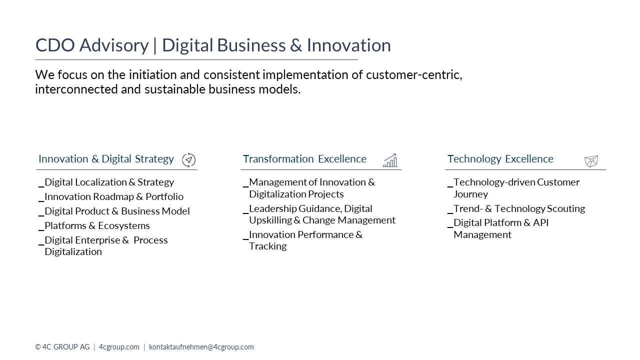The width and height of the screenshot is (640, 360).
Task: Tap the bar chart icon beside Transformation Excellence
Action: (390, 160)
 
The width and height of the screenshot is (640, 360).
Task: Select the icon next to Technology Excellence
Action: (591, 161)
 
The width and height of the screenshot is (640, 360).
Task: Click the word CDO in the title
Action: (55, 45)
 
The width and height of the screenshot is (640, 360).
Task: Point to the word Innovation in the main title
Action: (348, 45)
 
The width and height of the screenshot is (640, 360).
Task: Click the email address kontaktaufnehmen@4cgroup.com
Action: (201, 347)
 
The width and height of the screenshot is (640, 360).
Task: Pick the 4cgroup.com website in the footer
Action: (119, 347)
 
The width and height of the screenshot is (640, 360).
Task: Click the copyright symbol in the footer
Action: (37, 347)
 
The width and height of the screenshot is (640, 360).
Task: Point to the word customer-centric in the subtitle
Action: (414, 75)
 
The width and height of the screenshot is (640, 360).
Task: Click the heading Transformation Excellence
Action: (304, 159)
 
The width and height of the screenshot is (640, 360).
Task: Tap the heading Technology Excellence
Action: (500, 159)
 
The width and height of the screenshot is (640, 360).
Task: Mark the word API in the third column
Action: (540, 222)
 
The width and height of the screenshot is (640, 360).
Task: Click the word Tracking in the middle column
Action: (267, 246)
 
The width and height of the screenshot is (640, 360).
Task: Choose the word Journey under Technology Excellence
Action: (470, 194)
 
